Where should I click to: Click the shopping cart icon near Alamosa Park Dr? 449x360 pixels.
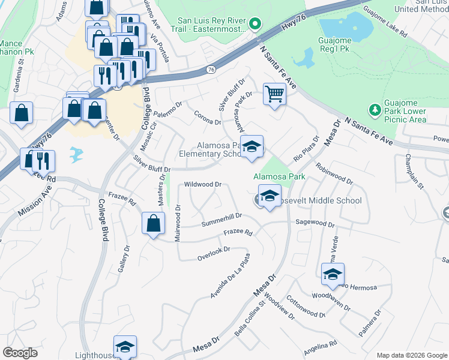point(274,94)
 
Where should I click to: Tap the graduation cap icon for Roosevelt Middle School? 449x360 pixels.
point(270,196)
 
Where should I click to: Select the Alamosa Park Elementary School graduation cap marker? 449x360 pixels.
point(252,146)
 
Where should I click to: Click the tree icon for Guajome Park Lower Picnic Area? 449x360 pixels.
point(375,110)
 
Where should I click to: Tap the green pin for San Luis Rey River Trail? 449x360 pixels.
point(255,24)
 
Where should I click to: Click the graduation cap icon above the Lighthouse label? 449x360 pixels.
point(125,347)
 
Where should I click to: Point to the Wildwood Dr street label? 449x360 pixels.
point(203,184)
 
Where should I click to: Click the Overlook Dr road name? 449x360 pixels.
point(214,253)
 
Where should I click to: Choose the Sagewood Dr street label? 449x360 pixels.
point(315,223)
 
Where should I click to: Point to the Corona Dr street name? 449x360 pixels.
point(208,118)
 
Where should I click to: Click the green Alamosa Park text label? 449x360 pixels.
point(279,176)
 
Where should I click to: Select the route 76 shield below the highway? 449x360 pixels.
point(210,70)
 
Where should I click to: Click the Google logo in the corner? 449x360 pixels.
point(20,353)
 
